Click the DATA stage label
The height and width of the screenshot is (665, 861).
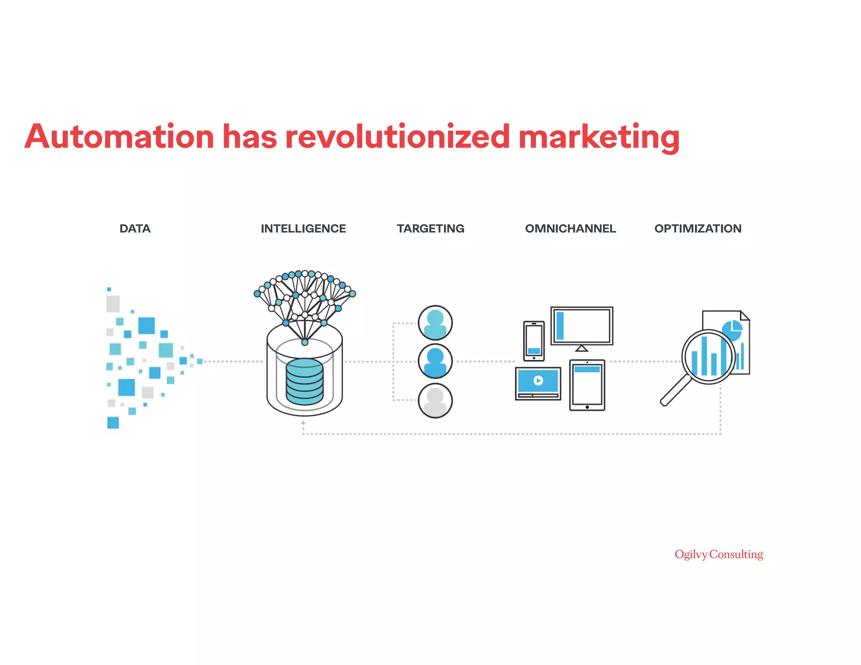(x=135, y=229)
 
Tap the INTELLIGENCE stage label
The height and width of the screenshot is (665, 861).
(x=303, y=229)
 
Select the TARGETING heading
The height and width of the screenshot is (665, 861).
(x=430, y=229)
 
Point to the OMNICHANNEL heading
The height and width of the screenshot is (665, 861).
(x=570, y=229)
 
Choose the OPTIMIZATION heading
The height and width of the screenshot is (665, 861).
(x=698, y=229)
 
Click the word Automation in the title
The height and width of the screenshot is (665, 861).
(x=119, y=137)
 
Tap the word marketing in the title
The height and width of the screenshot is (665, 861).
(x=599, y=137)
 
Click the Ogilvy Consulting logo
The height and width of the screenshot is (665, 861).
(x=719, y=554)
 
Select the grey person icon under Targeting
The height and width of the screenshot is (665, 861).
(x=435, y=401)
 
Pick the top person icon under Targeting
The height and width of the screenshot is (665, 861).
(x=435, y=323)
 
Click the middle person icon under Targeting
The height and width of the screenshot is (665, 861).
(x=435, y=362)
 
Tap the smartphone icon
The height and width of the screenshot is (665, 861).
(x=534, y=341)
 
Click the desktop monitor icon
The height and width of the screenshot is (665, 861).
(x=582, y=326)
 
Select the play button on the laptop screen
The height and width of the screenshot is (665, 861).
(x=538, y=380)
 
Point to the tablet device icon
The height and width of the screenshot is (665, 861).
(x=587, y=385)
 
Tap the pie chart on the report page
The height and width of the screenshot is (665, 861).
(x=732, y=330)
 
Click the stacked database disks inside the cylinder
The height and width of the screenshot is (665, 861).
(x=304, y=382)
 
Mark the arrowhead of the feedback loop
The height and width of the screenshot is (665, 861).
(x=303, y=422)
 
